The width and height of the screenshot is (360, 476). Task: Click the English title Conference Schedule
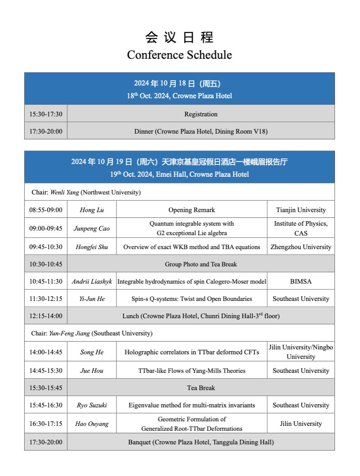179,55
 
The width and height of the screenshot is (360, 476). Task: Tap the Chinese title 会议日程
179,37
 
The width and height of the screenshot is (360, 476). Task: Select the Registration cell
201,114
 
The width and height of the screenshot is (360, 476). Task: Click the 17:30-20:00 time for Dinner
46,131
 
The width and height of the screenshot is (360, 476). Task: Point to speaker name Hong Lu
92,210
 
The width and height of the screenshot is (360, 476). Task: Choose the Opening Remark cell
192,210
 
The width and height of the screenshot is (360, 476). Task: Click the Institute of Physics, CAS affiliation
301,228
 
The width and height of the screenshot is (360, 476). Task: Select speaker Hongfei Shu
92,247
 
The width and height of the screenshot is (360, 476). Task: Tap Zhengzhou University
301,247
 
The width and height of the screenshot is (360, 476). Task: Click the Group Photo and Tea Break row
201,264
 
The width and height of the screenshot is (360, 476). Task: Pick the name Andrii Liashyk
92,282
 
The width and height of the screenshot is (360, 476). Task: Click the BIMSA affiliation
301,282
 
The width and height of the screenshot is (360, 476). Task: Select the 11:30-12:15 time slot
46,299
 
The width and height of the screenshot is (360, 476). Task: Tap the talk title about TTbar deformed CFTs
192,352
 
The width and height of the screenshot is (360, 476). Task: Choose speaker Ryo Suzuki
92,405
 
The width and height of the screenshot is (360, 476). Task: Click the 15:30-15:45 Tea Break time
46,388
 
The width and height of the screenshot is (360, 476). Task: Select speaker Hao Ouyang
92,424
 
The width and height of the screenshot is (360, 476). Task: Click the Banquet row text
201,442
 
